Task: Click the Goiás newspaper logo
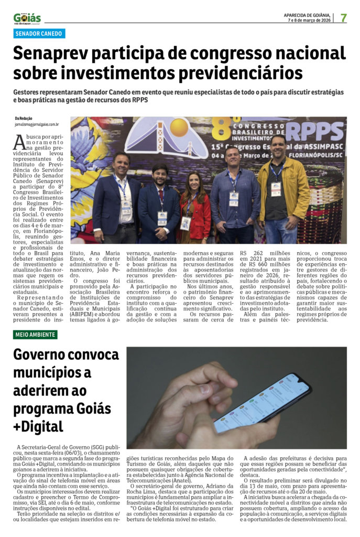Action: point(27,18)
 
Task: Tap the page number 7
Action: point(344,17)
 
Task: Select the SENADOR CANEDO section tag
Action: point(39,34)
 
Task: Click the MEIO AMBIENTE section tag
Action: point(35,335)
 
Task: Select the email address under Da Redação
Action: point(37,125)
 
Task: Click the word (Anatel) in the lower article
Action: point(189,480)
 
